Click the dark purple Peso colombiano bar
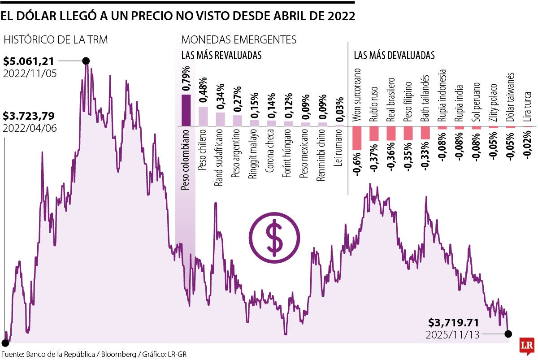186,110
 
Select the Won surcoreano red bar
357,138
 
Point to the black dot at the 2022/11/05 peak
86,61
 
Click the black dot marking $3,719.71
508,334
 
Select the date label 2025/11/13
453,334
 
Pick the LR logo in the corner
527,346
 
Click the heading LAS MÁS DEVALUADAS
394,56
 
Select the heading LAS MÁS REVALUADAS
221,56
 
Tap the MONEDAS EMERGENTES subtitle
239,39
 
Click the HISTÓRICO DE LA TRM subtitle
55,39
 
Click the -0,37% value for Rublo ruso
374,157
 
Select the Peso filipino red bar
408,133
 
